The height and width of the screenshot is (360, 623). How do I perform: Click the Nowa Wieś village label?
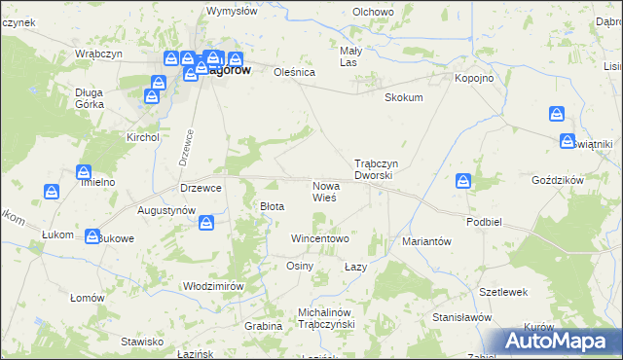pos(324,191)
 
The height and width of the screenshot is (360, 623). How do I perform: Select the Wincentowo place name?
pos(320,238)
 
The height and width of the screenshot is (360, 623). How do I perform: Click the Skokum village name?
pos(404,98)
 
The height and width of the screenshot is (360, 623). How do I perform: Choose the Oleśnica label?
pos(296,71)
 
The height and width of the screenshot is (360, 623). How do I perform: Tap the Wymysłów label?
pos(232,12)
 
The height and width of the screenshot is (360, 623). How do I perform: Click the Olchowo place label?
pos(373,12)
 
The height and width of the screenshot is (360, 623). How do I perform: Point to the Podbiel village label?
pos(483,222)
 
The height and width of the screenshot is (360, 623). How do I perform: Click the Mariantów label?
pos(426,243)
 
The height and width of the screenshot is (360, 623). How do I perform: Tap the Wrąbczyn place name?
pos(99,54)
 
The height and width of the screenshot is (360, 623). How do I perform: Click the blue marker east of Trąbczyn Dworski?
pos(463,181)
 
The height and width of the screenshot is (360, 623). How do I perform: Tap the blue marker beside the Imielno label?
pos(83,172)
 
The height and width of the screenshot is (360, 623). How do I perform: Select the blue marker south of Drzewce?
pos(206,225)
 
